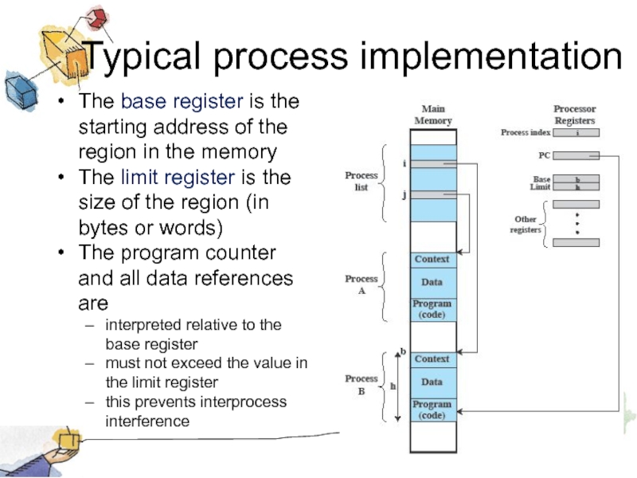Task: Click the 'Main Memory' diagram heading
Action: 432,115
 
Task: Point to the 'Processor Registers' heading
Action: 574,115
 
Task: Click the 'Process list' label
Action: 361,181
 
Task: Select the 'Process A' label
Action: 361,284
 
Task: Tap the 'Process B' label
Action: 361,385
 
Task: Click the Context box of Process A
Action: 432,260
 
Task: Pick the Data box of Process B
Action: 432,382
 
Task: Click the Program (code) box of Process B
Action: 432,409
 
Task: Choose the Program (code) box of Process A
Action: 432,308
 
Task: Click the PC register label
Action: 545,156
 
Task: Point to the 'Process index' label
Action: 526,133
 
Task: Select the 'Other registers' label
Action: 525,224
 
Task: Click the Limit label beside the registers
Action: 541,187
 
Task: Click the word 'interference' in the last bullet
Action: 147,421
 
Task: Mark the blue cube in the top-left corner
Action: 20,89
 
